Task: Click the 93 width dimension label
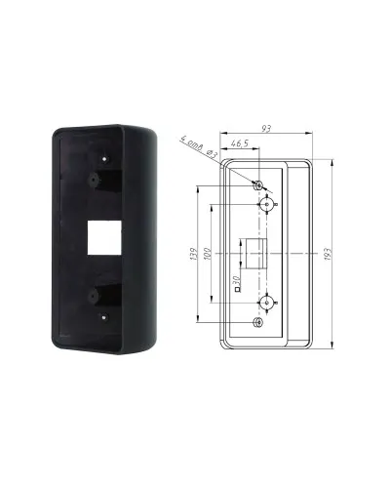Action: [x=266, y=129]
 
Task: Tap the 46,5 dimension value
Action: [x=240, y=143]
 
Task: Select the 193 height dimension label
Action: [x=328, y=254]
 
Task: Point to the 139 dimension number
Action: [x=194, y=254]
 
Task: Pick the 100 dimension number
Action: [x=208, y=254]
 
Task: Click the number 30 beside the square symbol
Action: [x=236, y=279]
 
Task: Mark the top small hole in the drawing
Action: [x=258, y=185]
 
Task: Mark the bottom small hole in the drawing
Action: [x=258, y=322]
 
